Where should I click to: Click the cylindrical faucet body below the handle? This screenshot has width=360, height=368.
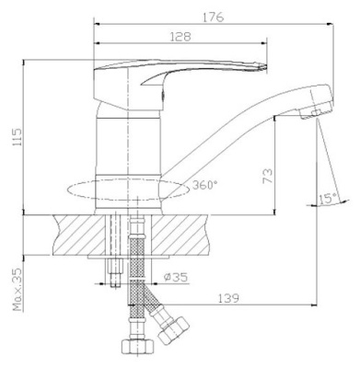(x=128, y=152)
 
